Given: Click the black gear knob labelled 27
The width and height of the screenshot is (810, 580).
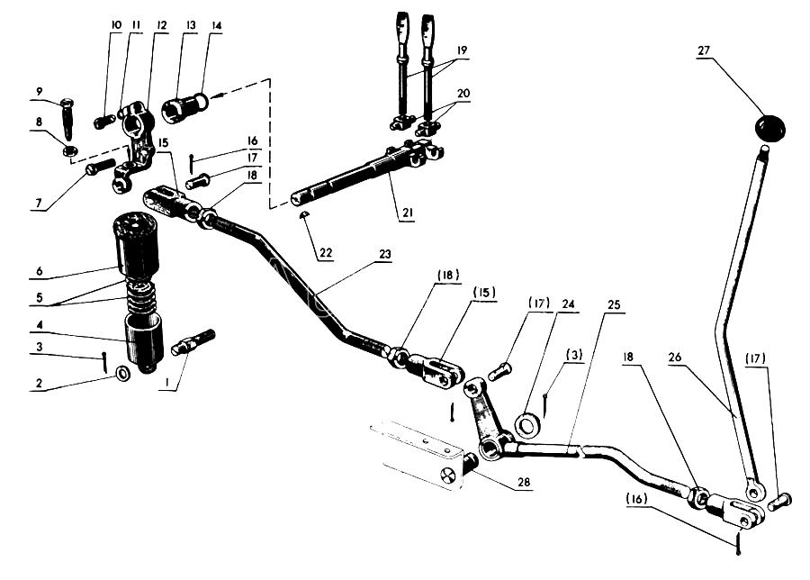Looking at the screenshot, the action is click(769, 127).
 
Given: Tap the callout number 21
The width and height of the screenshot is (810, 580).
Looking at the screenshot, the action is click(408, 213).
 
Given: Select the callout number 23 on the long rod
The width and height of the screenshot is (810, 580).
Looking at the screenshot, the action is click(385, 254).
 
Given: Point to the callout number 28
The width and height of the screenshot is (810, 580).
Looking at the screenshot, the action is click(524, 482).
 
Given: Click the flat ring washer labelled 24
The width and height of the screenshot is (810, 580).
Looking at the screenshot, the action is click(526, 426).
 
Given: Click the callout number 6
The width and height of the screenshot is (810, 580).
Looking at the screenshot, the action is click(40, 271).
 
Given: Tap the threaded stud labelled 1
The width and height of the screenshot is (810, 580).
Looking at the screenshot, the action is click(196, 341).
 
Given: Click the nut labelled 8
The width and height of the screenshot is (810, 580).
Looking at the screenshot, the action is click(69, 151).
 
